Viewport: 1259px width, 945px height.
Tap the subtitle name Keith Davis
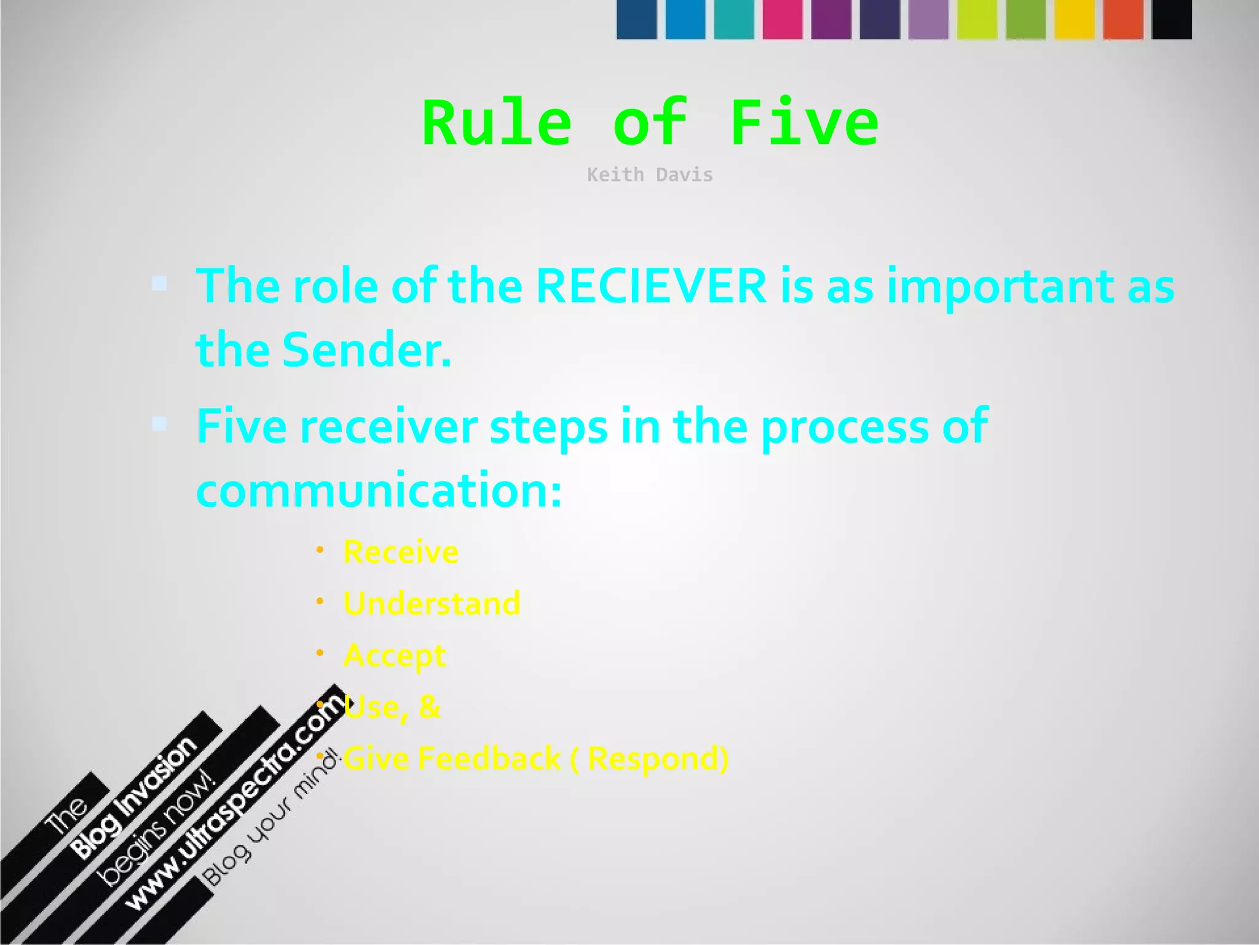(650, 175)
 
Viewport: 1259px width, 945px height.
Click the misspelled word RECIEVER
(651, 286)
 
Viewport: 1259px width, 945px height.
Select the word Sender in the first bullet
(366, 349)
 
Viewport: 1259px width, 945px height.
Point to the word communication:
(379, 490)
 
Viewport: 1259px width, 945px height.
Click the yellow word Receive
(401, 552)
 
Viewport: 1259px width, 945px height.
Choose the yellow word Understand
(432, 603)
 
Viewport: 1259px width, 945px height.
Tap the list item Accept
(395, 655)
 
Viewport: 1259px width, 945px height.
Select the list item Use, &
(392, 706)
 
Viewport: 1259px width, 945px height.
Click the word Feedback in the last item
(489, 758)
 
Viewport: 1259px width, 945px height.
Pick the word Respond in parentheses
(654, 758)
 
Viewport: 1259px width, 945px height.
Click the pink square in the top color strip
(782, 20)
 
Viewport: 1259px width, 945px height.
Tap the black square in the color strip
(1171, 20)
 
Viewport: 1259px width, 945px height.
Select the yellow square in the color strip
(1074, 20)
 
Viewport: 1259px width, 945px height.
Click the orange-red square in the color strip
(1123, 20)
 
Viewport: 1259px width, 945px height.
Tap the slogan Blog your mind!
(270, 818)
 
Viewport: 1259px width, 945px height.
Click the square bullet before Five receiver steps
(159, 424)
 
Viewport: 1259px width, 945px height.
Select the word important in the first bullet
(1000, 286)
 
